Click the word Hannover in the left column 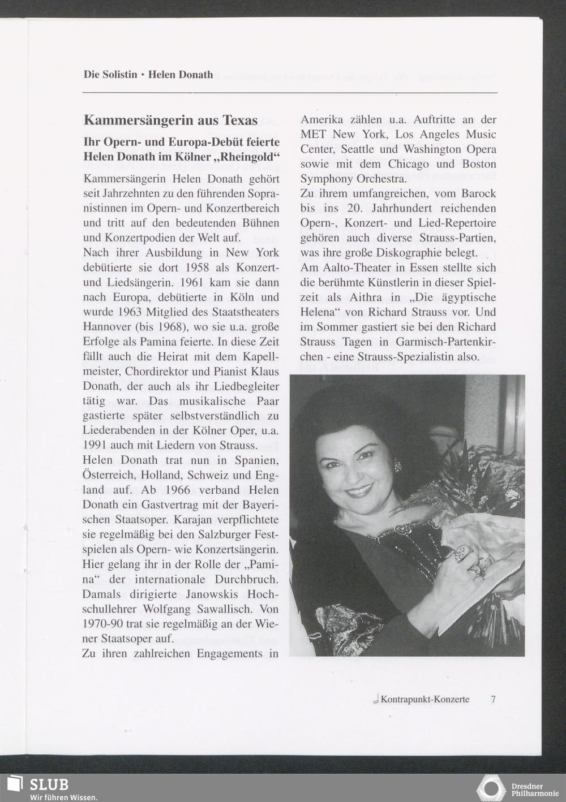point(107,327)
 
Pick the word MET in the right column point(313,135)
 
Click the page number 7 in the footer point(493,699)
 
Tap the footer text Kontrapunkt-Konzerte point(424,699)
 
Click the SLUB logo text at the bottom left point(48,784)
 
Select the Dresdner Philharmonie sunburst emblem point(491,788)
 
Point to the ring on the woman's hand point(462,553)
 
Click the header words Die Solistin point(110,75)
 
